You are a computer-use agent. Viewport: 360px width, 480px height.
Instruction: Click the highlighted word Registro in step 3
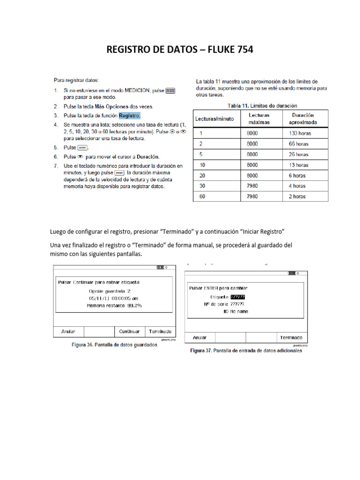tap(129, 115)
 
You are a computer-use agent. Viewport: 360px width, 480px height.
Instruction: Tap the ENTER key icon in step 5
tap(82, 148)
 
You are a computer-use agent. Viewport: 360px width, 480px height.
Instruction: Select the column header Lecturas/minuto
tap(215, 119)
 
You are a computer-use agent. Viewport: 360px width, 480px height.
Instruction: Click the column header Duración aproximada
tap(303, 119)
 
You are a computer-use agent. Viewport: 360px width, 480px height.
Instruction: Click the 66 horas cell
tap(299, 144)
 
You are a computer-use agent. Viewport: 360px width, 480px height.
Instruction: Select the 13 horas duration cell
tap(299, 165)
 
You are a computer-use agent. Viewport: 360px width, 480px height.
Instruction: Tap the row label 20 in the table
tap(202, 175)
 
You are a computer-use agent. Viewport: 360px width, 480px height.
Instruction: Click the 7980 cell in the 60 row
tap(253, 196)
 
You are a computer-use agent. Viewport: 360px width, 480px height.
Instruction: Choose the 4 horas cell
tap(297, 186)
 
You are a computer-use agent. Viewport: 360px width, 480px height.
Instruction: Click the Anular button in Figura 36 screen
tap(68, 331)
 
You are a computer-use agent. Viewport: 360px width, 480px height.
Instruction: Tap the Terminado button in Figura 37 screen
tap(291, 337)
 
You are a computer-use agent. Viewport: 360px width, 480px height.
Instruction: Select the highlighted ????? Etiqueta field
tap(237, 297)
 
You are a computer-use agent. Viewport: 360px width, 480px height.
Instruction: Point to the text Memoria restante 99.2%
tap(114, 305)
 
